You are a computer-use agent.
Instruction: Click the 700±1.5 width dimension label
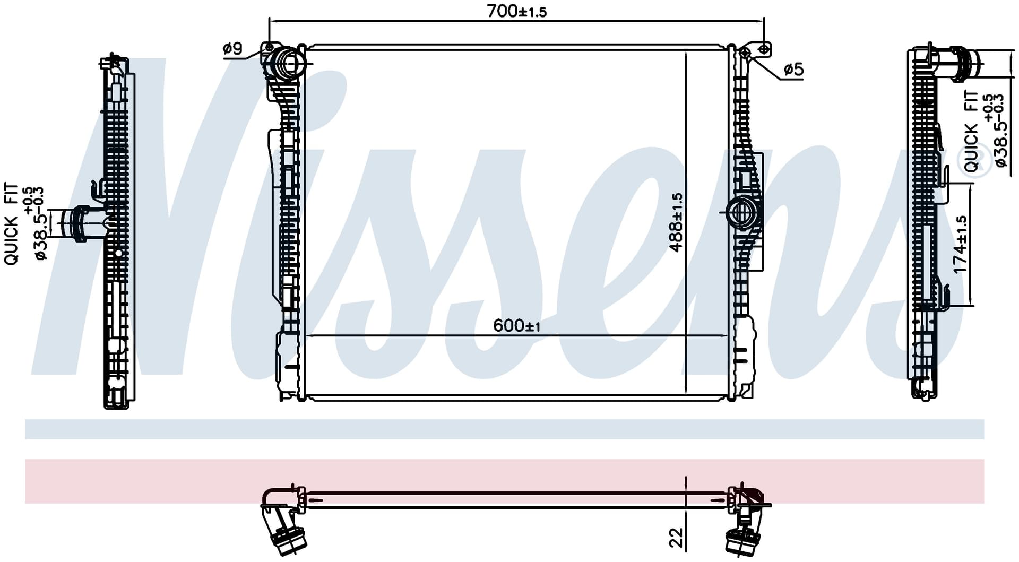coord(516,11)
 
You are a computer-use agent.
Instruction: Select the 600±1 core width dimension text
coord(516,325)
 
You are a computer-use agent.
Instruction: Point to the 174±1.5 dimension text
coord(960,245)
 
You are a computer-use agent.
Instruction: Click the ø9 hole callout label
coord(232,49)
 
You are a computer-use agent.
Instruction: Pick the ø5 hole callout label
coord(793,69)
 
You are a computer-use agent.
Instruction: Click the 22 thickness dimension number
coord(676,537)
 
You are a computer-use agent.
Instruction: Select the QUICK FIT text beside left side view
coord(11,224)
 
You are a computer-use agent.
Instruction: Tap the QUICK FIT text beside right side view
coord(971,131)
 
